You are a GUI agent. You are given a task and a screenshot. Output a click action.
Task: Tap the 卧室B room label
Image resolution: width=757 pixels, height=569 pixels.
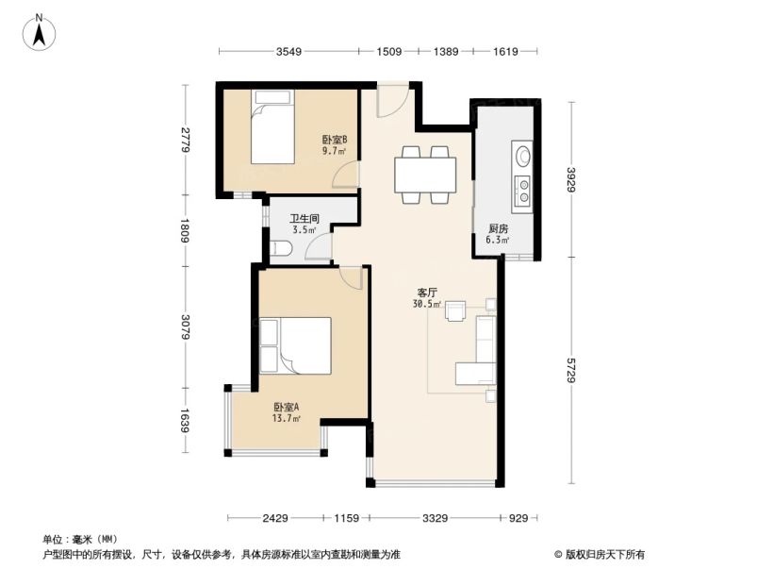(335, 140)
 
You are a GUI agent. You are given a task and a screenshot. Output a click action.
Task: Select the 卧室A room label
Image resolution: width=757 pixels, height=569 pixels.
(286, 408)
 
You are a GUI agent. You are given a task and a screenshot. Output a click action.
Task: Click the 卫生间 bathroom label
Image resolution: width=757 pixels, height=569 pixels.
(304, 218)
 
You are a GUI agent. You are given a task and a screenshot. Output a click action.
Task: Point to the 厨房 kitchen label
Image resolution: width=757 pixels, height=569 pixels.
(498, 228)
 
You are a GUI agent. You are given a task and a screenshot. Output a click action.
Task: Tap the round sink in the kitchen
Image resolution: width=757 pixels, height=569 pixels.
(521, 154)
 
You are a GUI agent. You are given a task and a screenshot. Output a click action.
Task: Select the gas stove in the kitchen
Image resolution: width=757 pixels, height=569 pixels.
(521, 192)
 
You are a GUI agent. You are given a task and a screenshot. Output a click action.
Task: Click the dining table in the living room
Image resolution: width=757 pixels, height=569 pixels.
(425, 174)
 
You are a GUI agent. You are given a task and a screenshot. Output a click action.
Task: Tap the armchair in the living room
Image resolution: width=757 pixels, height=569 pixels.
(455, 310)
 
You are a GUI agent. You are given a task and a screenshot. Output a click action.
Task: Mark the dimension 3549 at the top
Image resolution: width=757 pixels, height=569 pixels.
(289, 52)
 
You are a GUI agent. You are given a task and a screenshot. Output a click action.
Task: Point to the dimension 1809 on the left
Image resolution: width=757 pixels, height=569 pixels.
(186, 231)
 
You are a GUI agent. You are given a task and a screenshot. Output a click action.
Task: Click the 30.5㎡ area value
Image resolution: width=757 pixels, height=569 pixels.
(427, 304)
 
